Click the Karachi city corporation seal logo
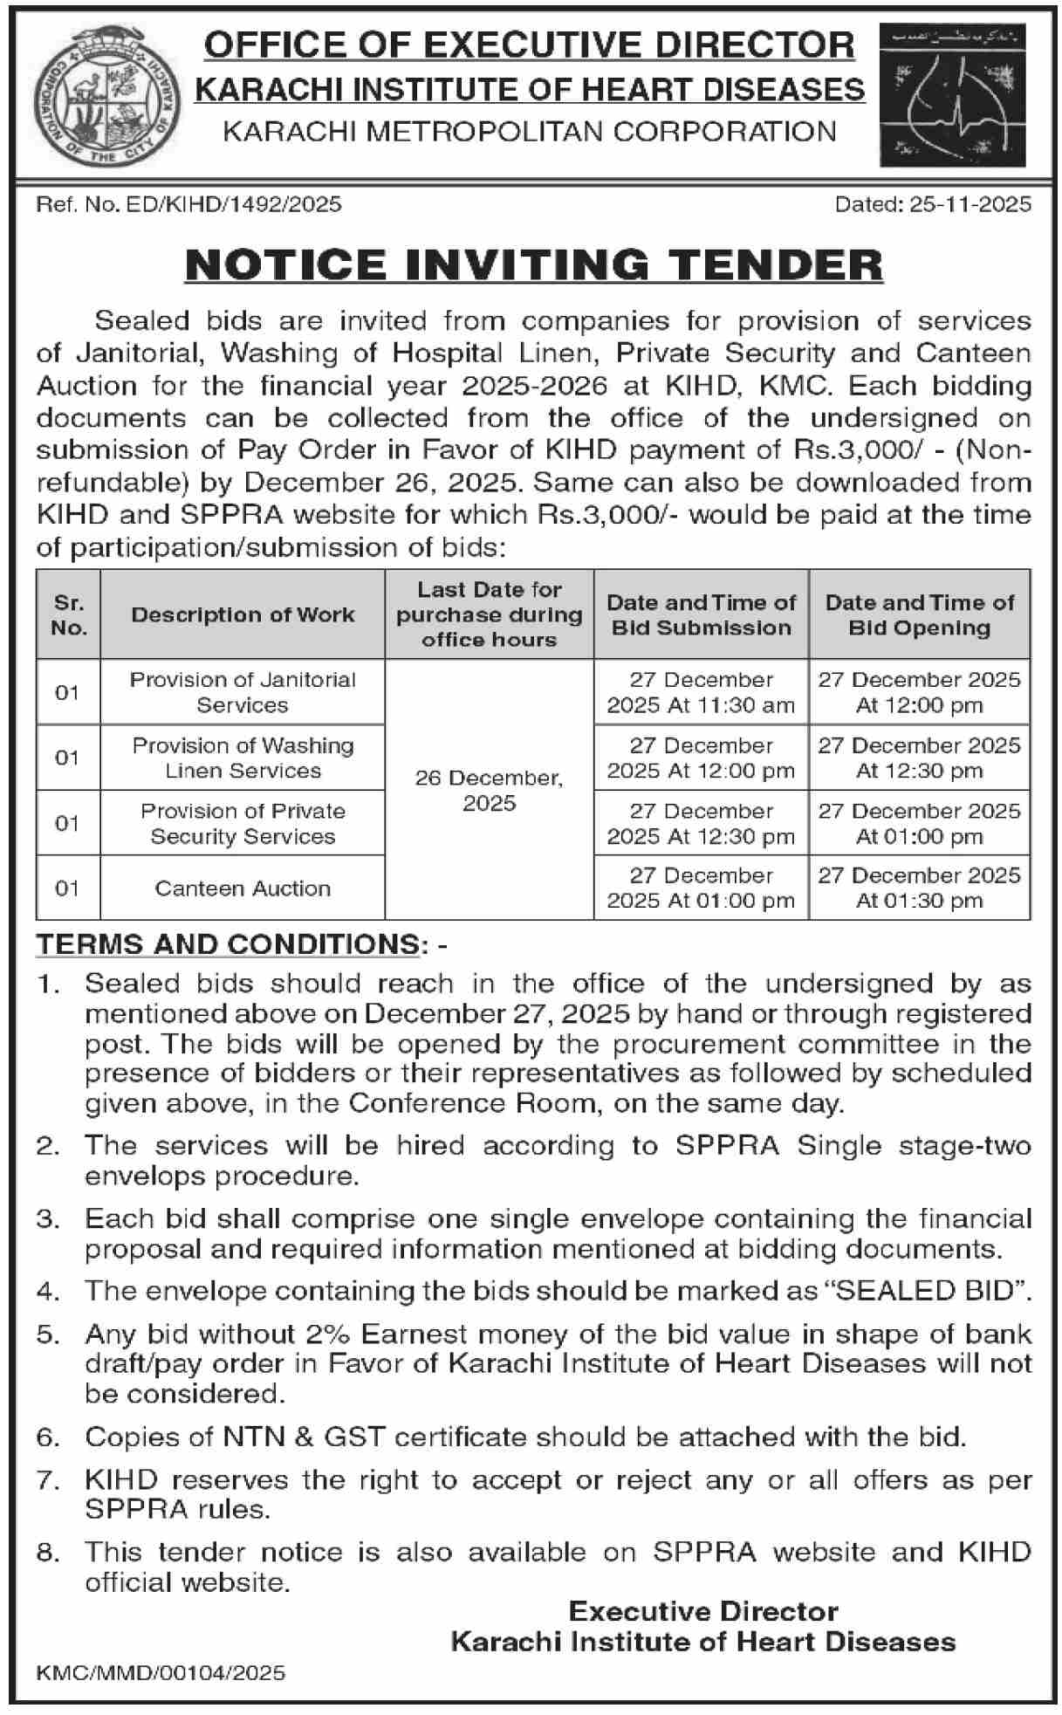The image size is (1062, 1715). pos(102,97)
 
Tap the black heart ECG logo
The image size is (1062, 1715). pos(952,95)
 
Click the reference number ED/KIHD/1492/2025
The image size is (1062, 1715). pos(188,204)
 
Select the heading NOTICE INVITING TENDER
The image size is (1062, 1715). pos(534,264)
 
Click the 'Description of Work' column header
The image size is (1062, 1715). pos(243,614)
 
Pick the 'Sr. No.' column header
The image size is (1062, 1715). pos(69,614)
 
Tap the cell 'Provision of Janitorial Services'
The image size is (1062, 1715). pos(243,692)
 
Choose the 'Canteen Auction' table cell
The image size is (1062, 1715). pos(243,888)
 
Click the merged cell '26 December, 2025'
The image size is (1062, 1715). pos(489,790)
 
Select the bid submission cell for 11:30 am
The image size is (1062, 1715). pos(701,692)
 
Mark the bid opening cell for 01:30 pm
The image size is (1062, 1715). pos(919,888)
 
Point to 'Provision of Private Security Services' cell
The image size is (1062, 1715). pos(243,823)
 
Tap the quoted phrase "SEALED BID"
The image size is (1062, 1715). pos(930,1291)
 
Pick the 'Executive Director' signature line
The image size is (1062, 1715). pos(703,1611)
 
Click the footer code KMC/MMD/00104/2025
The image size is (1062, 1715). pos(161,1672)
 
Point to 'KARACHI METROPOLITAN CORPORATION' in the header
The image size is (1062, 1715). pos(530,132)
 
